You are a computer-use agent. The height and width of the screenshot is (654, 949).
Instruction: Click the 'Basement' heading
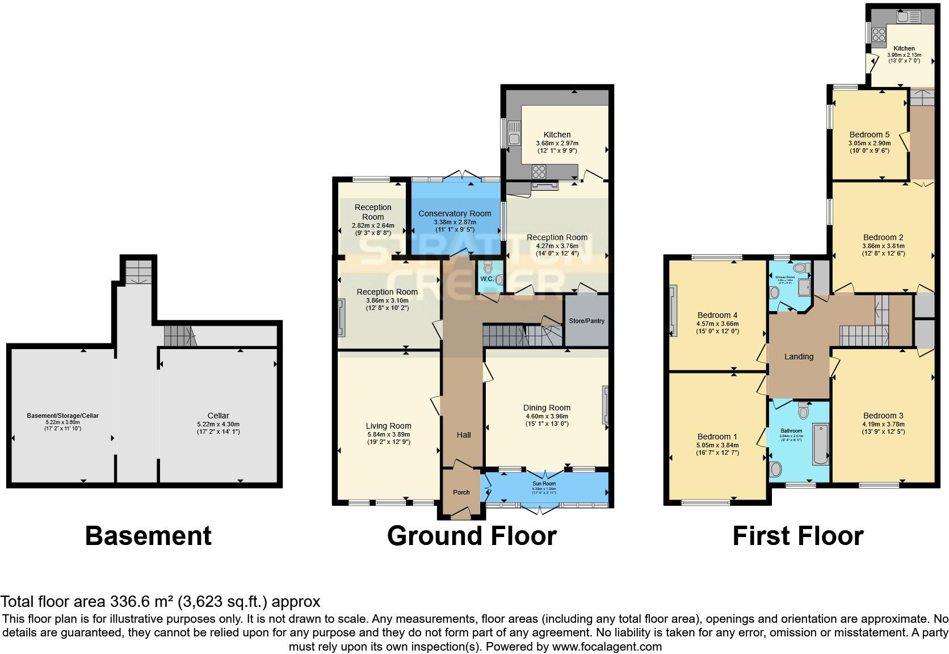148,535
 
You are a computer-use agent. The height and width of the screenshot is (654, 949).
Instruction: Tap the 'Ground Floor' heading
472,535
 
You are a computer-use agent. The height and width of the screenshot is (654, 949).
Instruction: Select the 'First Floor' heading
797,535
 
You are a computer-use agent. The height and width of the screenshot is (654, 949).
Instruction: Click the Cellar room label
219,416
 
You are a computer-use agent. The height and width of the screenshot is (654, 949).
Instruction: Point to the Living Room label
388,426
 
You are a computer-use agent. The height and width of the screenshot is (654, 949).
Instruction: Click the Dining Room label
547,408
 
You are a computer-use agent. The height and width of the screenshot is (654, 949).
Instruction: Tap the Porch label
461,492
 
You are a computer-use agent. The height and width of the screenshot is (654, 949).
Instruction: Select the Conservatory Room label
455,213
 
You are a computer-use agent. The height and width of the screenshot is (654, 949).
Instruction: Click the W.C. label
486,279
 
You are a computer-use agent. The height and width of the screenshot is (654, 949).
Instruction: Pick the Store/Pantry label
587,321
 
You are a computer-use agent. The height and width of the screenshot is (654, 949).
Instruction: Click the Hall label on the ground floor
464,435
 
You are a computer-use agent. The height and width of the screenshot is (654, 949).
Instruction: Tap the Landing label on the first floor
799,357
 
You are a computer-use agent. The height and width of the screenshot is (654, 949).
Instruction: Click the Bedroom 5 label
869,135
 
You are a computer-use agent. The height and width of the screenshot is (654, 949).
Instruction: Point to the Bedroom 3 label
883,416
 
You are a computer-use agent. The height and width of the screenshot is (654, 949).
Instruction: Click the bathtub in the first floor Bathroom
820,444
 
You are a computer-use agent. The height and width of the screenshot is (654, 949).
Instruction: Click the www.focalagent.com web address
607,646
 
